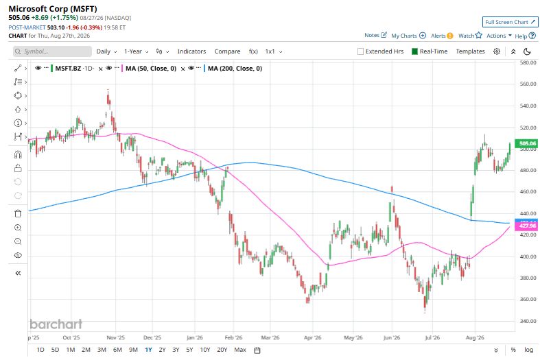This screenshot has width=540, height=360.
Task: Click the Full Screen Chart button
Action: pos(510,22)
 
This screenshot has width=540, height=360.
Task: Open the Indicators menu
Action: pos(191,51)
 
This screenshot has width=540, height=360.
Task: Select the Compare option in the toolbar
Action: pos(227,51)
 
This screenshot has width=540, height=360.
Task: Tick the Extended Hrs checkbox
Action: pos(361,51)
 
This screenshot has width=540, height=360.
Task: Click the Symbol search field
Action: pos(52,51)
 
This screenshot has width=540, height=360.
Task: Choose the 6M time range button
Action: pos(117,350)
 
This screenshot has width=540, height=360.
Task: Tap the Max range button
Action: pos(240,350)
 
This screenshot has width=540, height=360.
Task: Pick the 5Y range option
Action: pos(189,350)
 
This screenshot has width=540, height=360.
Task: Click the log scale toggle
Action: pos(528,350)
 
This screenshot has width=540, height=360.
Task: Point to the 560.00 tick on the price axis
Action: pos(528,84)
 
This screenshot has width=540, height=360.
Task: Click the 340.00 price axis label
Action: pos(528,321)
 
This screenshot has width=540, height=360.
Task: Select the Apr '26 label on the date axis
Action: pos(312,337)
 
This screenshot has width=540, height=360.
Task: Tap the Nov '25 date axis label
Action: pos(115,337)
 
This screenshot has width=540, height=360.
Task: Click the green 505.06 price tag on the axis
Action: pos(526,143)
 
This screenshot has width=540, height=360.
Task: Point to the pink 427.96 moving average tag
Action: pos(526,226)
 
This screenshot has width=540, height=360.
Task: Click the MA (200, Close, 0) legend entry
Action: pos(235,69)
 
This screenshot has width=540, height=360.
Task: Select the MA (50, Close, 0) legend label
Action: pos(151,69)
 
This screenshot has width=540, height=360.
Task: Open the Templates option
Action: pos(470,51)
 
